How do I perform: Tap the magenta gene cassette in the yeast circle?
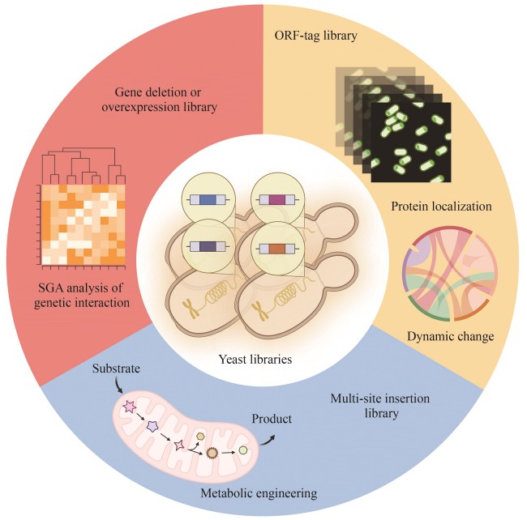tap(276, 199)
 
